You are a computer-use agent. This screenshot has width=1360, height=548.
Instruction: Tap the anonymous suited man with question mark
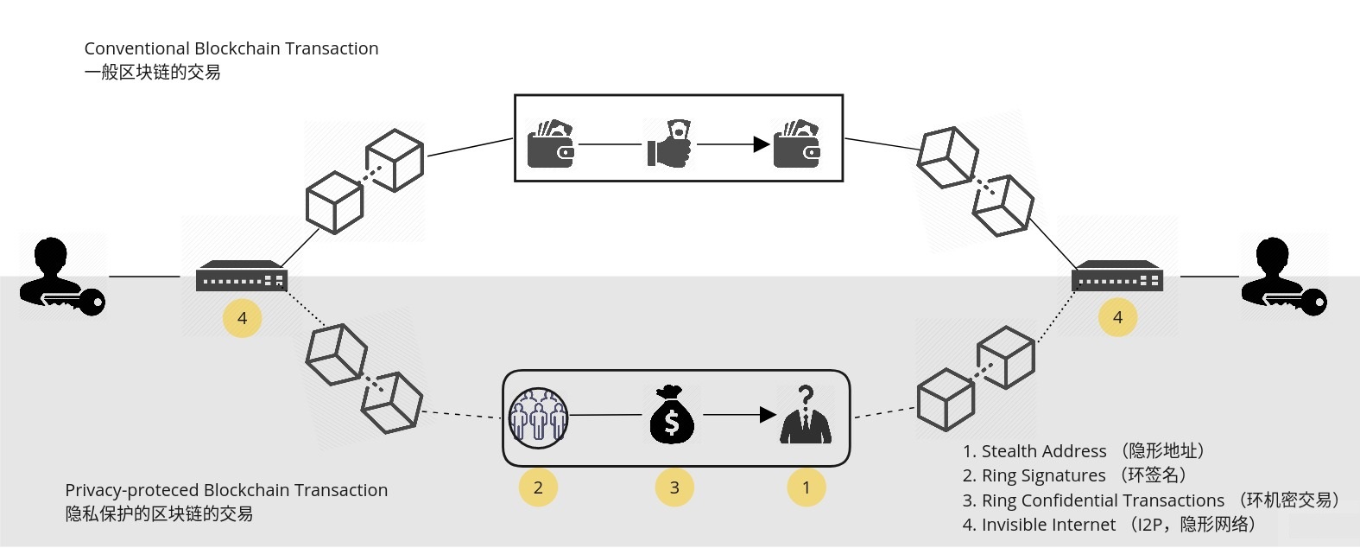pyautogui.click(x=806, y=414)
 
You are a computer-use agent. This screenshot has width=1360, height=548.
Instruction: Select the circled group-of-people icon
pyautogui.click(x=538, y=418)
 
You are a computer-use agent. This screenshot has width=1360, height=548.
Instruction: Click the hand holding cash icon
pyautogui.click(x=669, y=143)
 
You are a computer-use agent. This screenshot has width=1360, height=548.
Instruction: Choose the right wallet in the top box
pyautogui.click(x=797, y=144)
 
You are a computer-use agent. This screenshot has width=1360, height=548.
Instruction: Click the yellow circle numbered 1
pyautogui.click(x=807, y=487)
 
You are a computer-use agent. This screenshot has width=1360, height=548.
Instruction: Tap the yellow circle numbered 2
pyautogui.click(x=538, y=487)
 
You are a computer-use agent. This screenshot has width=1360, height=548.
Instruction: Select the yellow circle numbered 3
pyautogui.click(x=674, y=487)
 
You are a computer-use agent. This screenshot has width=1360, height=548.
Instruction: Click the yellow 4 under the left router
pyautogui.click(x=243, y=318)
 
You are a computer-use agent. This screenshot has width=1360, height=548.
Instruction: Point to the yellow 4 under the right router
pyautogui.click(x=1117, y=317)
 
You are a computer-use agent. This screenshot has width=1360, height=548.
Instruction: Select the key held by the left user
pyautogui.click(x=76, y=302)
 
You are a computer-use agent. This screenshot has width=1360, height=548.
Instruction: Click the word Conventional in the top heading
pyautogui.click(x=136, y=48)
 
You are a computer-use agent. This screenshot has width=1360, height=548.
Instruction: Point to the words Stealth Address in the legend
pyautogui.click(x=1044, y=451)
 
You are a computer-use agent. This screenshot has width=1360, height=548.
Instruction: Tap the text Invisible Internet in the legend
pyautogui.click(x=1048, y=525)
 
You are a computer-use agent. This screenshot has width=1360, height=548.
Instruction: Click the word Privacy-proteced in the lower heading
pyautogui.click(x=132, y=490)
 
